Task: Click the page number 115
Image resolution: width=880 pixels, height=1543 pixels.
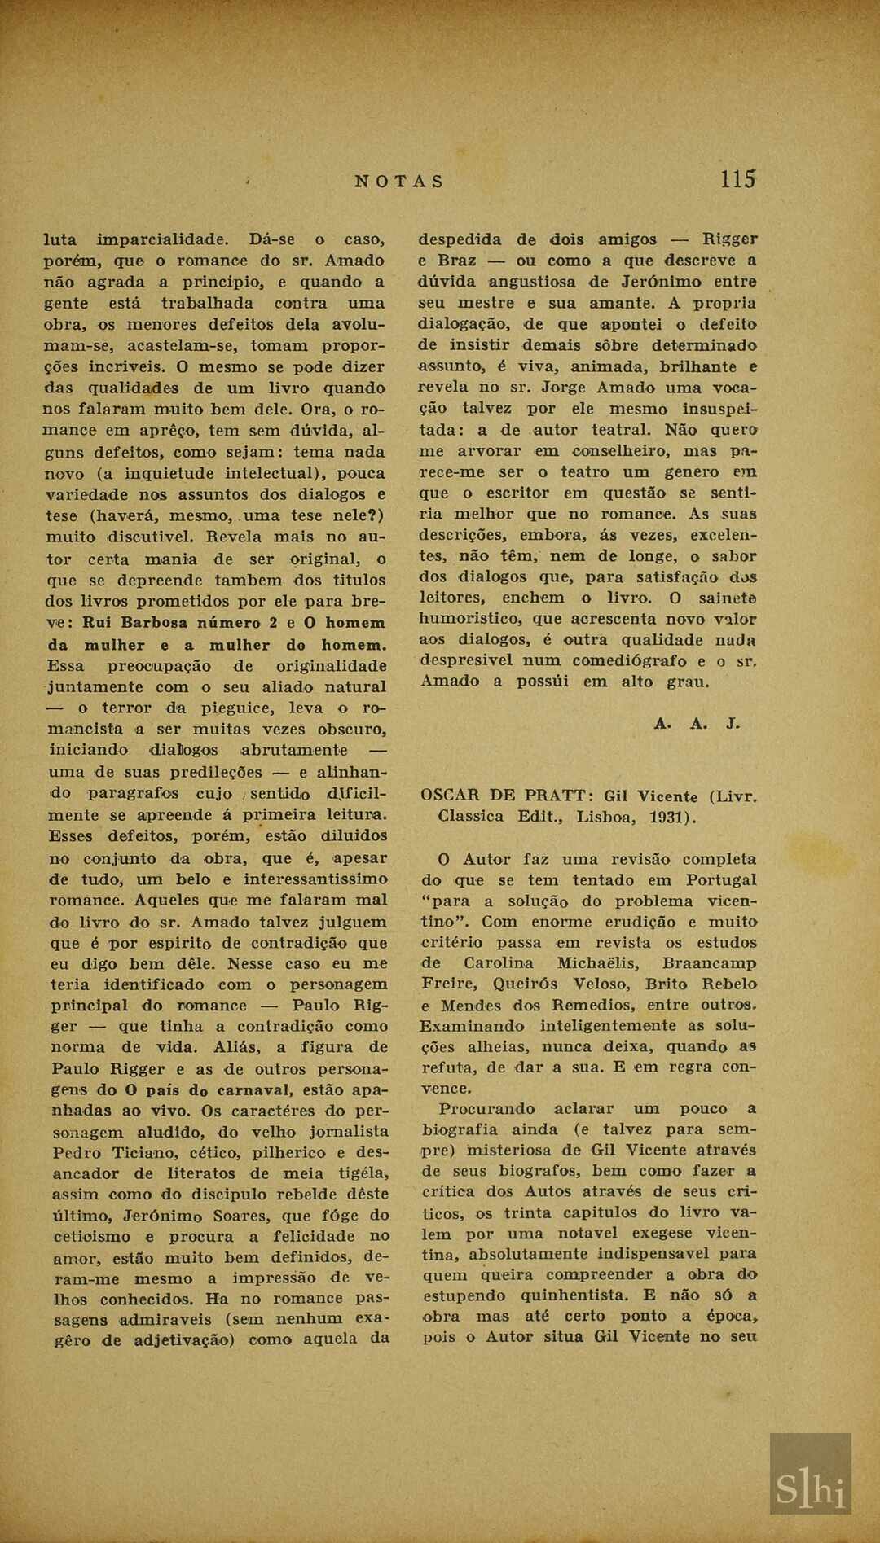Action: (738, 179)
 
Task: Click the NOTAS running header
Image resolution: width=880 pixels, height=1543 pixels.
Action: (399, 182)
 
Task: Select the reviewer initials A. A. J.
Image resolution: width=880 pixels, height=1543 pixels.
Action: (697, 723)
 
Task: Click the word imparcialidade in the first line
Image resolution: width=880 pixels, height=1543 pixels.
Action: (162, 239)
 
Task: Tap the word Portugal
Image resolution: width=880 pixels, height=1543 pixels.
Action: (720, 879)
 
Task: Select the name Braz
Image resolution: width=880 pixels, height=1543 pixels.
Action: (457, 261)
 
